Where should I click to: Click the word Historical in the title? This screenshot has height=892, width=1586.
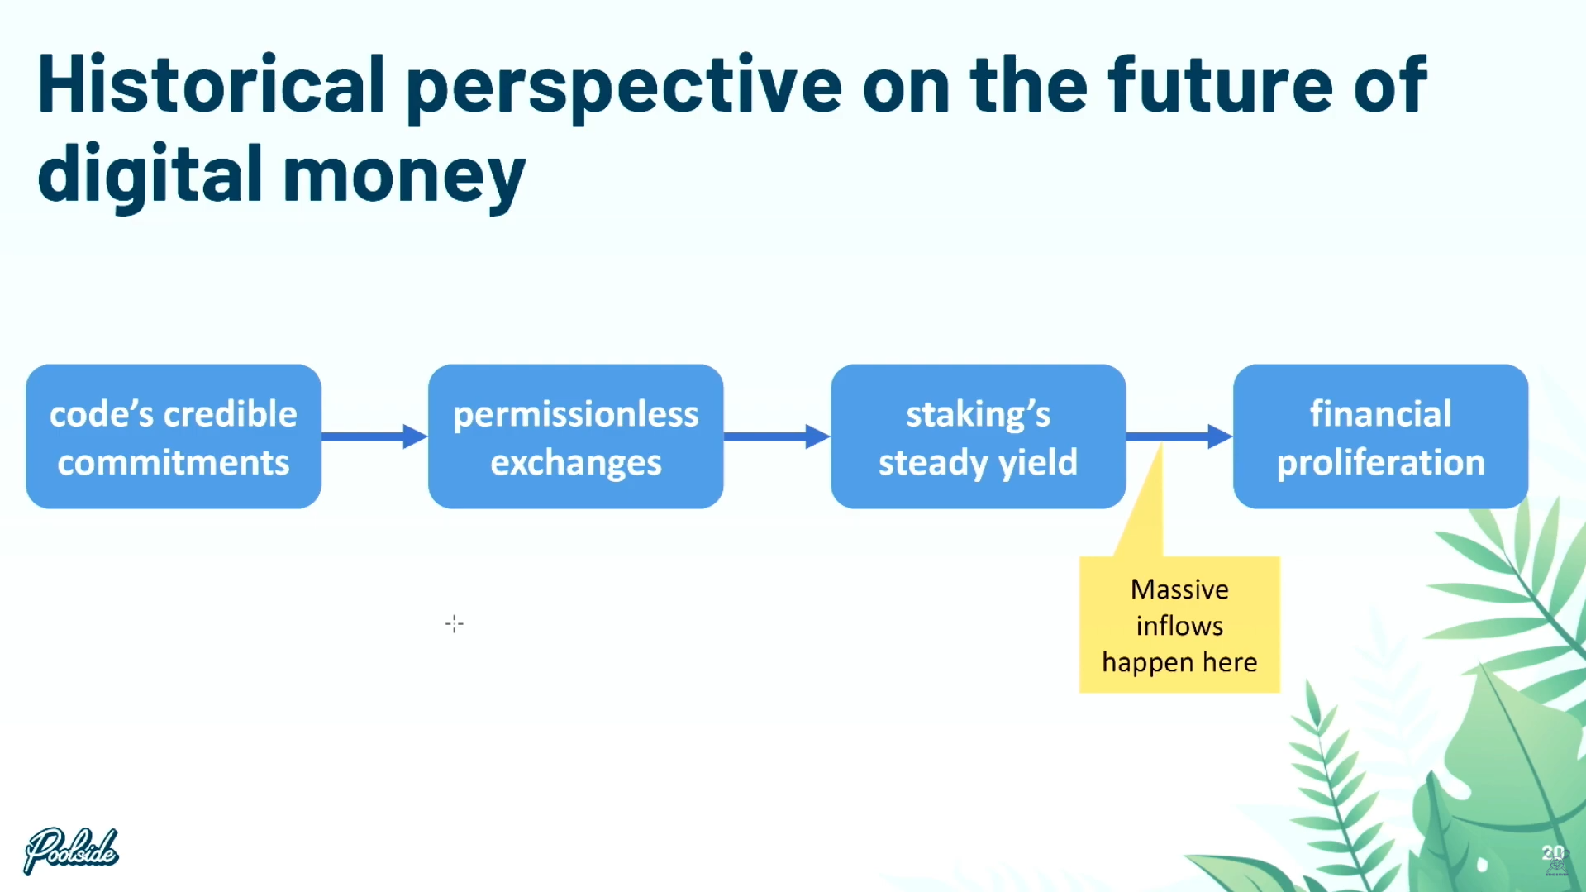point(212,83)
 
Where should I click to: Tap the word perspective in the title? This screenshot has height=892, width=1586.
point(624,89)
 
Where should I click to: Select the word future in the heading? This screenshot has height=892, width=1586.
point(1220,83)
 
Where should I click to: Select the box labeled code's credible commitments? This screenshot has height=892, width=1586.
point(174,436)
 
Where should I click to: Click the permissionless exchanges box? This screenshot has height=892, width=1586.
point(576,436)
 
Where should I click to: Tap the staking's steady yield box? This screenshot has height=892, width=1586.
point(979,436)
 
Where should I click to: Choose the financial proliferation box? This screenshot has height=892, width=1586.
point(1381,436)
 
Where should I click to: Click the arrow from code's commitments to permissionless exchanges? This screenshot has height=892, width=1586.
point(374,436)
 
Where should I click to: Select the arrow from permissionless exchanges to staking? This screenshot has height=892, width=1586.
point(777,436)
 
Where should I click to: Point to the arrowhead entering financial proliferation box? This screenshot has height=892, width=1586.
point(1220,436)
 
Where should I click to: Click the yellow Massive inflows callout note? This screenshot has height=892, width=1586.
point(1179,624)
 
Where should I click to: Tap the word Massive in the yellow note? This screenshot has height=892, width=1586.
point(1179,589)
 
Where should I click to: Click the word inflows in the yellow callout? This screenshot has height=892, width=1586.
point(1179,626)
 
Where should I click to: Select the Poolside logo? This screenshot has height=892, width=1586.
point(71,850)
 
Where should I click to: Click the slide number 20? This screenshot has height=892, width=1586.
point(1553,854)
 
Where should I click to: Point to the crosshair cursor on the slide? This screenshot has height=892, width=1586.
point(455,623)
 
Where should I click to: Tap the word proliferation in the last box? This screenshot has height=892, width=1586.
point(1381,463)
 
